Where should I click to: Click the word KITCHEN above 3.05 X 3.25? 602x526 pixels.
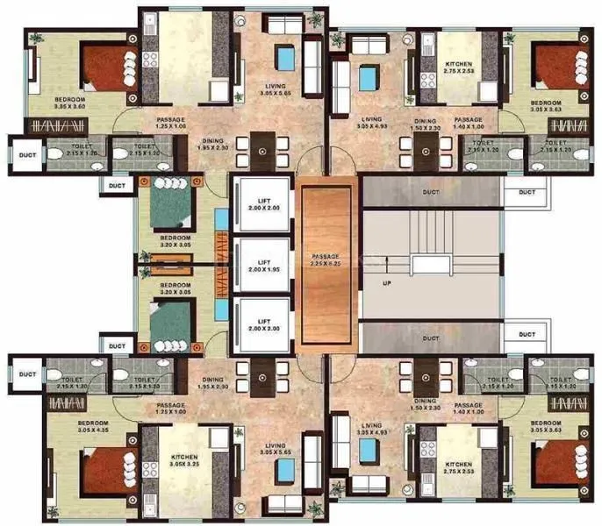pyautogui.click(x=184, y=458)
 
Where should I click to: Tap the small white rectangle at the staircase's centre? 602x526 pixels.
pyautogui.click(x=431, y=263)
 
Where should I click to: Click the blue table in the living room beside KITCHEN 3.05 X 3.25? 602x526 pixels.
pyautogui.click(x=284, y=473)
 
